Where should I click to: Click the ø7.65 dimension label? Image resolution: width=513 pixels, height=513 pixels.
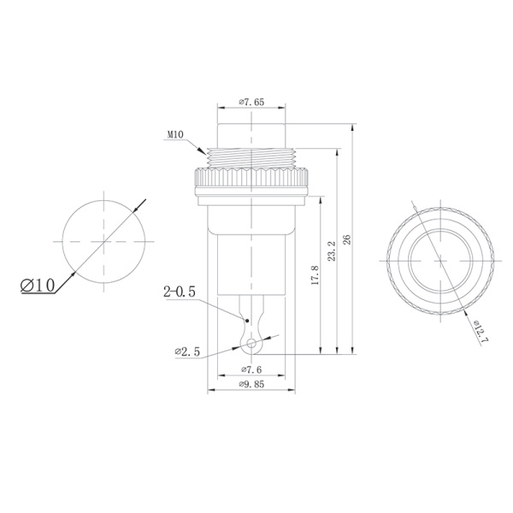pyautogui.click(x=251, y=103)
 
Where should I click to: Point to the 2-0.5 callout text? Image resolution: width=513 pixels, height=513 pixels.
pyautogui.click(x=180, y=292)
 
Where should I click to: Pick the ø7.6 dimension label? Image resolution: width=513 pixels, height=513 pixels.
pyautogui.click(x=251, y=369)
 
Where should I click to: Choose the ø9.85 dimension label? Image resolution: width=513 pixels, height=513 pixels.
pyautogui.click(x=251, y=385)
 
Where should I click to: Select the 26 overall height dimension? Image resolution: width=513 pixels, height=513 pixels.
pyautogui.click(x=346, y=239)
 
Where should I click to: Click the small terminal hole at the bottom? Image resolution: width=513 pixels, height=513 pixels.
pyautogui.click(x=251, y=344)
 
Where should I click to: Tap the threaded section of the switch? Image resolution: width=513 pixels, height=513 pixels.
pyautogui.click(x=251, y=156)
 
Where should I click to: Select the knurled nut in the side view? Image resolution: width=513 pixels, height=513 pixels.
pyautogui.click(x=251, y=180)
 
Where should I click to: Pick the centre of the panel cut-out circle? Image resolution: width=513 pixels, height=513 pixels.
pyautogui.click(x=103, y=243)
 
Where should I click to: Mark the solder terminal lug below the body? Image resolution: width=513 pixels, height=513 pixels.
pyautogui.click(x=251, y=325)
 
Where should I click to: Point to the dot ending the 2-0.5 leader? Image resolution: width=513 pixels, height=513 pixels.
pyautogui.click(x=246, y=320)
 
